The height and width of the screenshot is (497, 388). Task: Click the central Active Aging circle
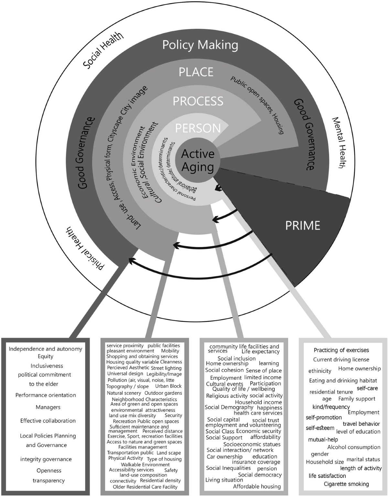[x=198, y=160]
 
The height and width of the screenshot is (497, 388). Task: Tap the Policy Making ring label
[x=200, y=45]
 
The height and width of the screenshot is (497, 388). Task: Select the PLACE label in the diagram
[x=196, y=72]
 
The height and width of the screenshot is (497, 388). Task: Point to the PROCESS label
[x=198, y=101]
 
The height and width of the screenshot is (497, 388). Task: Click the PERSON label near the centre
[x=198, y=128]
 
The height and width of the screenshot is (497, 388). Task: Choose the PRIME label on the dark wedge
[x=303, y=225]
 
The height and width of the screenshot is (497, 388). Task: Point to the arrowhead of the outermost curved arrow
[x=130, y=259]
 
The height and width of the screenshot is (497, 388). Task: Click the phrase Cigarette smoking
[x=346, y=484]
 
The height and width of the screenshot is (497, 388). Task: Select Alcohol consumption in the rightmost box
[x=354, y=447]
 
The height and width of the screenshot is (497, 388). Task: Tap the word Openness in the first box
[x=49, y=471]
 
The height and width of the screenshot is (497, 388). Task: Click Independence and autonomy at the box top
[x=46, y=349]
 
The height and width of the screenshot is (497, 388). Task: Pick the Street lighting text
[x=166, y=368]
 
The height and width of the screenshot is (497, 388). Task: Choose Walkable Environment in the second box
[x=141, y=464]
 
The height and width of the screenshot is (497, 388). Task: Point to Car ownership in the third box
[x=224, y=456]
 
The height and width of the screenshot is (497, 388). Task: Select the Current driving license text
[x=341, y=359]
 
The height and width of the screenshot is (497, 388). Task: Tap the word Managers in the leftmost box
[x=48, y=407]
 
